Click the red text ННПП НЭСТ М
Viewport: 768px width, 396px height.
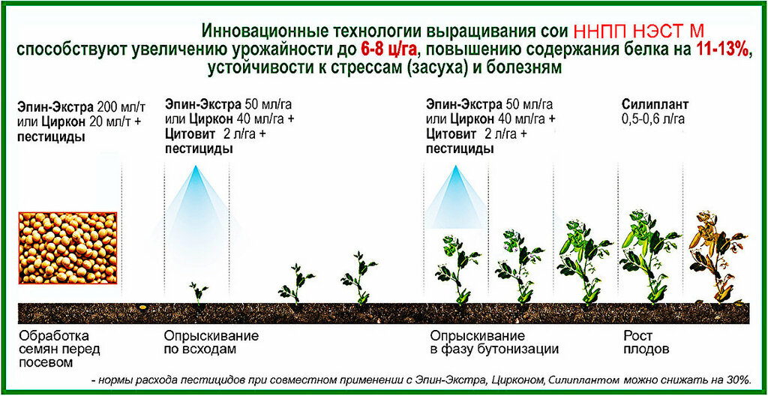tap(638, 31)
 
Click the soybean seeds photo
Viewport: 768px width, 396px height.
tap(68, 248)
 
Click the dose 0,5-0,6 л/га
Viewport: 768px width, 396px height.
tap(653, 119)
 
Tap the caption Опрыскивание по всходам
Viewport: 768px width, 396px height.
tap(211, 343)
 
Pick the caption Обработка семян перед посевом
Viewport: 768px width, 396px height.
tap(59, 349)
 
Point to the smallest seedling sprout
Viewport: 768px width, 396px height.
tap(198, 292)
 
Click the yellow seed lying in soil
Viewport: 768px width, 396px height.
tap(142, 307)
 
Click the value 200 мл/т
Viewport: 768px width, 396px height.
tap(118, 106)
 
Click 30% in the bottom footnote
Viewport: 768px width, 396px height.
tap(738, 379)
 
